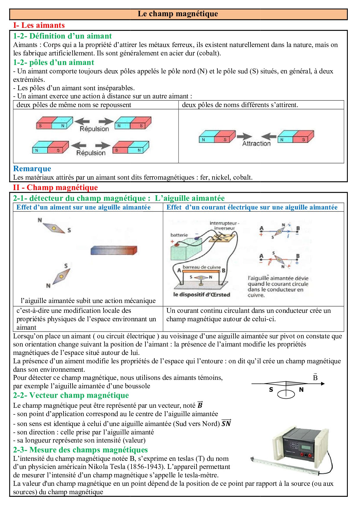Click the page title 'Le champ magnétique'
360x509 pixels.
coord(178,14)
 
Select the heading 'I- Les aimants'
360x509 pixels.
coord(39,25)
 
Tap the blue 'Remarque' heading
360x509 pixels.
coord(32,169)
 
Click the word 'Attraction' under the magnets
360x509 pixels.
coord(256,143)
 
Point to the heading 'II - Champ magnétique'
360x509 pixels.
coord(55,187)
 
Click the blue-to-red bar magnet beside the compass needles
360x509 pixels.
coord(114,250)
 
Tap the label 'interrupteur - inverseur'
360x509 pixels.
coord(224,225)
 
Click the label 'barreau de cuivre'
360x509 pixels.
coord(201,267)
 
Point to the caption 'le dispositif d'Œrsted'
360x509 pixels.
coord(201,295)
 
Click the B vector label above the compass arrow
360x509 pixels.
coord(315,377)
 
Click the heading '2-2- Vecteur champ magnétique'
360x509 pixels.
coord(71,395)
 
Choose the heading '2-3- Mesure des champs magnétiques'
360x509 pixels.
coord(80,450)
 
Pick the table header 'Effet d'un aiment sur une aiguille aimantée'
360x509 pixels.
coord(84,207)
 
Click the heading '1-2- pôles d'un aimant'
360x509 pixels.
coord(53,62)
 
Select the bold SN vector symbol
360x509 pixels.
coord(226,423)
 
